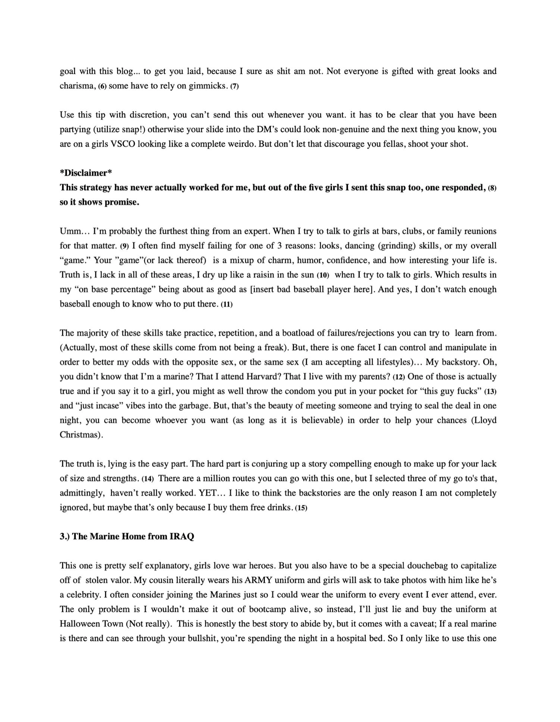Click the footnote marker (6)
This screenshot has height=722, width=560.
pyautogui.click(x=102, y=86)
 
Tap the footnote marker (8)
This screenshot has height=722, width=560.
pyautogui.click(x=492, y=188)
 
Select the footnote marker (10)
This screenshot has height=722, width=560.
pyautogui.click(x=323, y=275)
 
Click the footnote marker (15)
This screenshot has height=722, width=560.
pyautogui.click(x=301, y=508)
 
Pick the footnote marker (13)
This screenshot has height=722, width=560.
pyautogui.click(x=490, y=392)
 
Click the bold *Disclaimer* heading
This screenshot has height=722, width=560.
pyautogui.click(x=86, y=173)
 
